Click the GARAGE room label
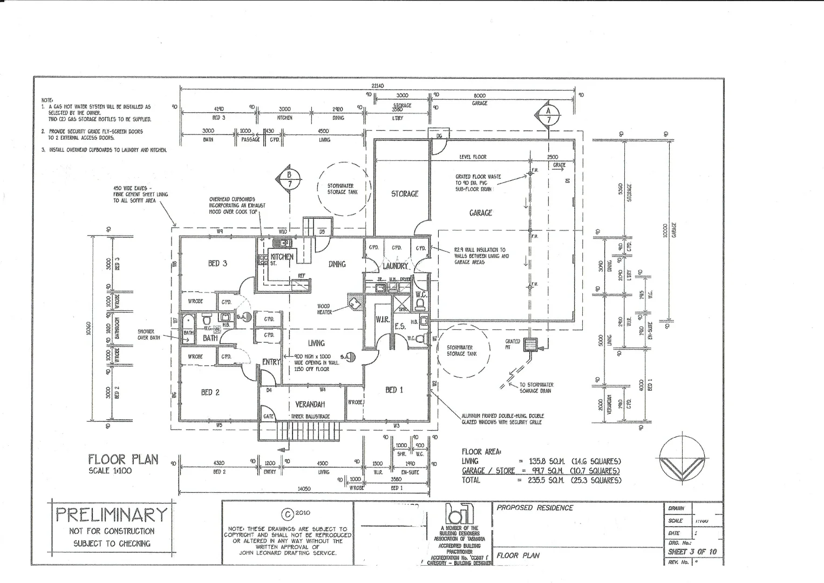(x=480, y=213)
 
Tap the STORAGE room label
(x=405, y=194)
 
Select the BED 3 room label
(x=217, y=263)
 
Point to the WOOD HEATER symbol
(x=355, y=302)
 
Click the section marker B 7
(x=289, y=179)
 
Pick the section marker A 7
(x=549, y=114)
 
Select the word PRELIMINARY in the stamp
(x=112, y=514)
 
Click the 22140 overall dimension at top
(x=377, y=85)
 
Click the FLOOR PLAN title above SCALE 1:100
(x=124, y=459)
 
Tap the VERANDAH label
(x=310, y=404)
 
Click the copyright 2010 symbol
(x=288, y=513)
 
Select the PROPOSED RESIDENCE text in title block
(x=535, y=508)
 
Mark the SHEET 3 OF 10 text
(x=692, y=552)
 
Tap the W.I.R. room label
(x=383, y=320)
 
